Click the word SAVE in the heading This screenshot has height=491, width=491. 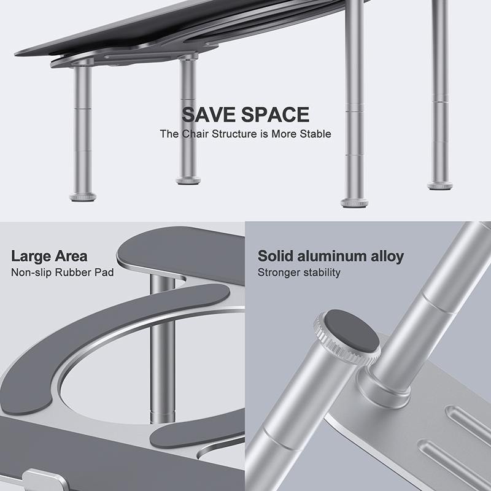[x=209, y=115]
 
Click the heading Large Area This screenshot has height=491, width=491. [x=49, y=256]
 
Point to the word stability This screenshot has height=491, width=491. [x=320, y=272]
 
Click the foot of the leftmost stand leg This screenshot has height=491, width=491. [x=82, y=197]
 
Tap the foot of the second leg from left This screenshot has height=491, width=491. [x=187, y=180]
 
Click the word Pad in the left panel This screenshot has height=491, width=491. [x=104, y=272]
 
